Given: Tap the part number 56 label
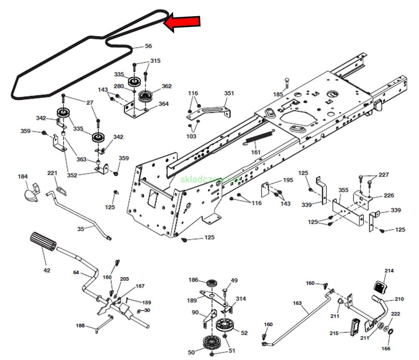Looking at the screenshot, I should [x=148, y=46].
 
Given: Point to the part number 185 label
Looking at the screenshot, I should [x=278, y=94].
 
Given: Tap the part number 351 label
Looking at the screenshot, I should [x=229, y=93].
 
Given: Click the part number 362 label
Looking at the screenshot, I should [x=167, y=86].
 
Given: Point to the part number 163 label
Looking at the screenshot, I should [x=297, y=303].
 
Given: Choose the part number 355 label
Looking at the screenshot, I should [x=343, y=190].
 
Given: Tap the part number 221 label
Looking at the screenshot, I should [x=52, y=173].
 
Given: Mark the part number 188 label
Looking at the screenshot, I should [x=80, y=325].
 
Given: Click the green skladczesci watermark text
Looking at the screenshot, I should [x=211, y=179].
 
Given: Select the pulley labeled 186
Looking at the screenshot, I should [x=212, y=283].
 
